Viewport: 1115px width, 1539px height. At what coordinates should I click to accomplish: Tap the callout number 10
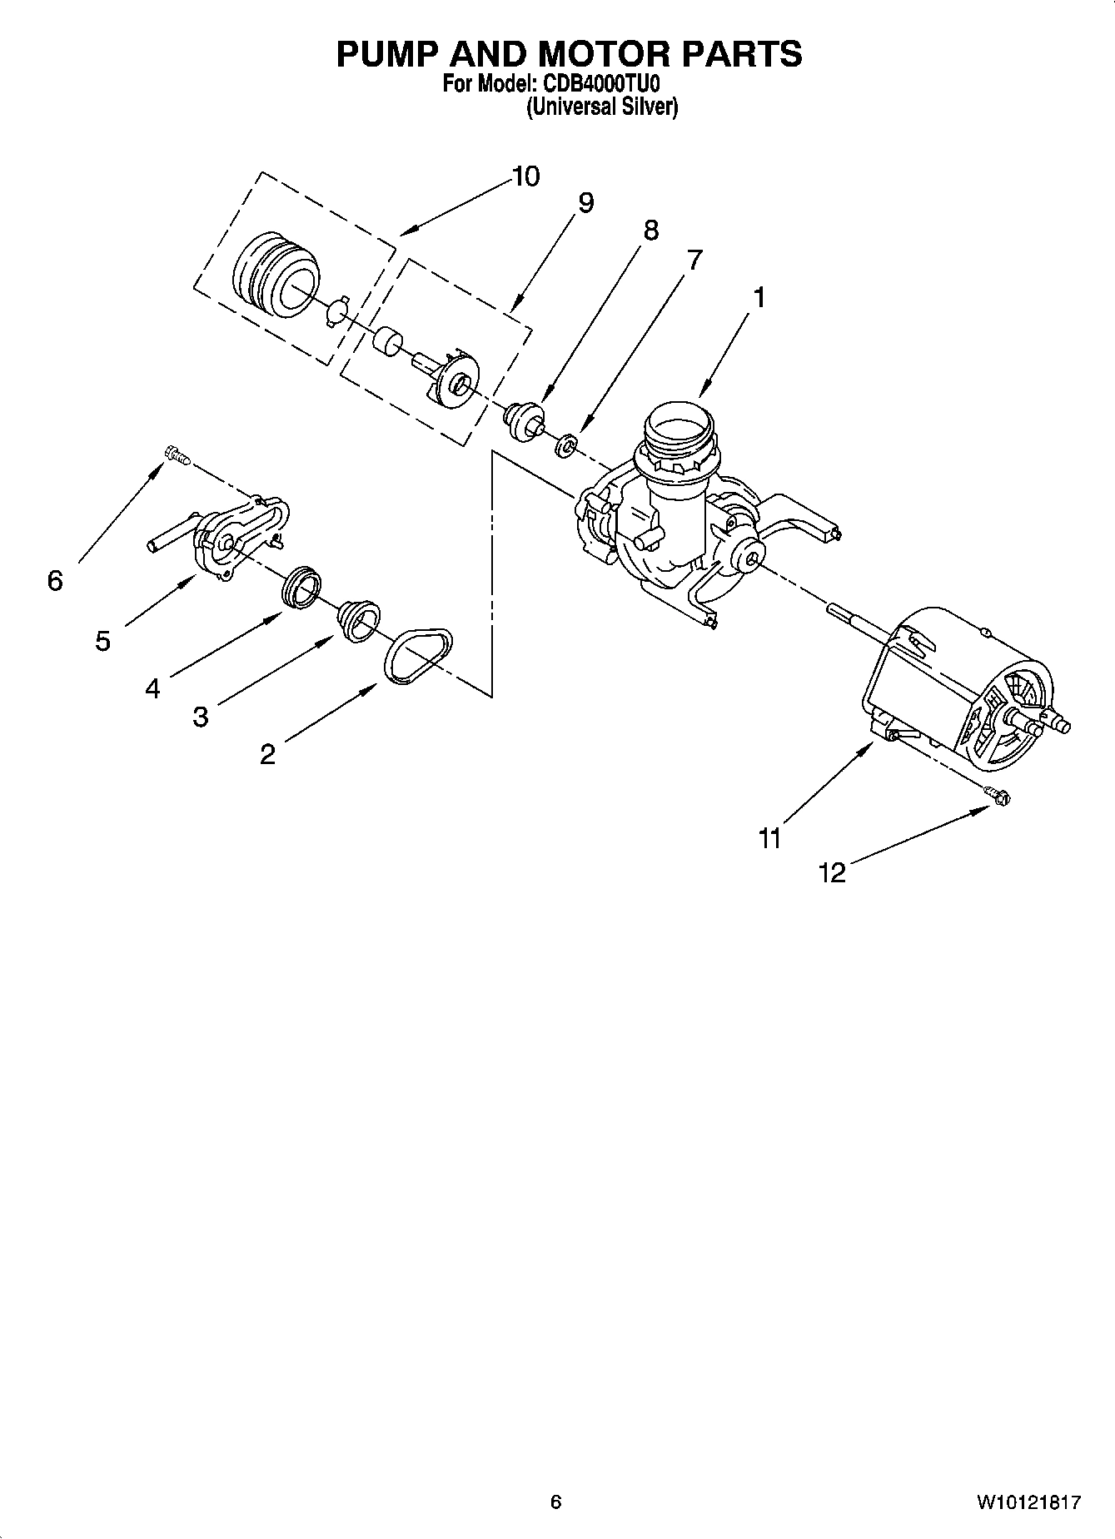pos(525,176)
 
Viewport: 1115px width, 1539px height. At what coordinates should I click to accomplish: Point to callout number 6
pos(55,580)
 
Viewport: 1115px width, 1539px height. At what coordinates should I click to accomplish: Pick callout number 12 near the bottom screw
pos(832,872)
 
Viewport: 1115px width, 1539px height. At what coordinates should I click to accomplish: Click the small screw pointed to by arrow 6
pos(177,454)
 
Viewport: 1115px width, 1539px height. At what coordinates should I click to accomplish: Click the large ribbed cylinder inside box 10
pos(275,274)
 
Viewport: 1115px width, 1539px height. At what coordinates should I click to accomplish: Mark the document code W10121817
pos(1028,1502)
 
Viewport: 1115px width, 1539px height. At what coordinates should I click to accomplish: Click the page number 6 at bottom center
pos(556,1502)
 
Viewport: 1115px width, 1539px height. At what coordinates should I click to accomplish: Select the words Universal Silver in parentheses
pos(601,107)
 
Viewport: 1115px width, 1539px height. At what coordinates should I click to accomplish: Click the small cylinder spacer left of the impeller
pos(386,340)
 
